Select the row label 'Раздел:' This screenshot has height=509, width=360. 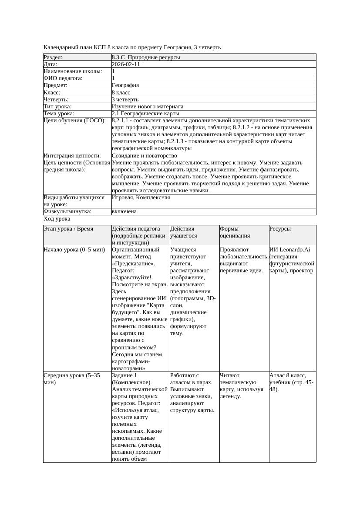tap(53, 57)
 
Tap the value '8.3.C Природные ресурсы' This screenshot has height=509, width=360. tap(146, 57)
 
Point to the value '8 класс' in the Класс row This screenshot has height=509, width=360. tap(121, 93)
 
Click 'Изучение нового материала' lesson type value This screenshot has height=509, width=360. tap(148, 107)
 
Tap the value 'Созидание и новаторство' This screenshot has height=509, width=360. tap(145, 156)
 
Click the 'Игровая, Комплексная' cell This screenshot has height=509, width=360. tap(141, 198)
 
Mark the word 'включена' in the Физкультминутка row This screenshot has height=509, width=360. tap(124, 211)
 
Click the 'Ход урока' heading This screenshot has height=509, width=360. tap(57, 219)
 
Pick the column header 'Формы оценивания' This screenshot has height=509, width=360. tap(235, 232)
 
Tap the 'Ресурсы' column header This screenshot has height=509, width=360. tap(280, 229)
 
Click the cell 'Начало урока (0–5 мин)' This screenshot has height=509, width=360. tap(74, 250)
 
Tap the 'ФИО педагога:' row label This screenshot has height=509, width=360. tap(63, 79)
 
